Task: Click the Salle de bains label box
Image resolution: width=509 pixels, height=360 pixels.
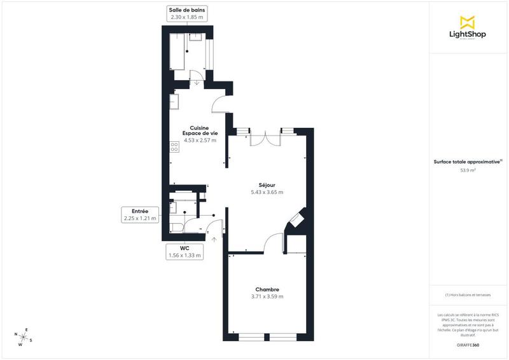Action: (x=186, y=13)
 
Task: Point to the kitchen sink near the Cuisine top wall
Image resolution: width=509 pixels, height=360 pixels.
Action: (x=174, y=100)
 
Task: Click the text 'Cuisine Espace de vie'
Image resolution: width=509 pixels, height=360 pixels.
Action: (x=200, y=130)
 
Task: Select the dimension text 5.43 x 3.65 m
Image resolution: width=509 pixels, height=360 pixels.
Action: (x=267, y=192)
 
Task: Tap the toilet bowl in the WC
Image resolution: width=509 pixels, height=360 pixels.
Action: (x=176, y=226)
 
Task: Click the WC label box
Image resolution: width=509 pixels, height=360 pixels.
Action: (x=184, y=252)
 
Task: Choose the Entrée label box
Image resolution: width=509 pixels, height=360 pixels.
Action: (x=139, y=215)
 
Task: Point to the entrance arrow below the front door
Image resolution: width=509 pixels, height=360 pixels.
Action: (x=214, y=240)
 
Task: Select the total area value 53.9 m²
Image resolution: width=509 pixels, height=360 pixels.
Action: (x=468, y=170)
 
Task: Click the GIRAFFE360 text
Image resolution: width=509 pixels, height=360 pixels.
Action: (x=468, y=344)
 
